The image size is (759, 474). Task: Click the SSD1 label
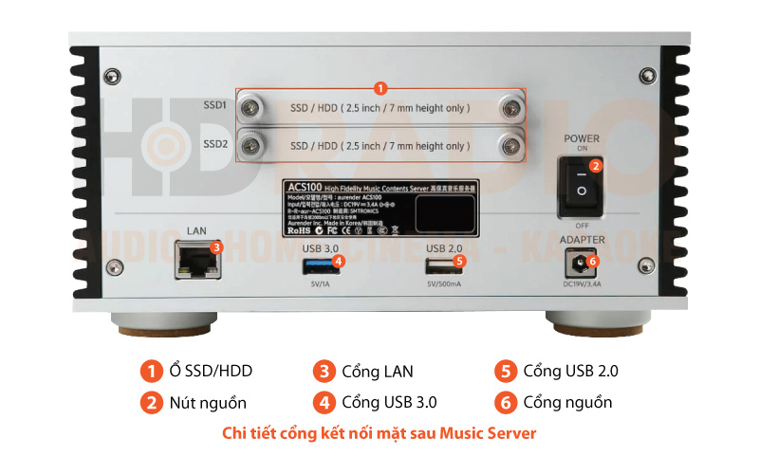tap(214, 107)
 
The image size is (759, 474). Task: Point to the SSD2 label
tap(214, 145)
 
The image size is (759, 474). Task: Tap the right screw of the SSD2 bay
tap(512, 146)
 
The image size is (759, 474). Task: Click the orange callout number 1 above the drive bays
tap(379, 87)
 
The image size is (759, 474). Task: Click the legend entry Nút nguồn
tap(208, 402)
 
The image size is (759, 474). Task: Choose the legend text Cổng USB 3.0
tap(389, 402)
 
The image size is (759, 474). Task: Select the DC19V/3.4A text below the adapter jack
tap(582, 283)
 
